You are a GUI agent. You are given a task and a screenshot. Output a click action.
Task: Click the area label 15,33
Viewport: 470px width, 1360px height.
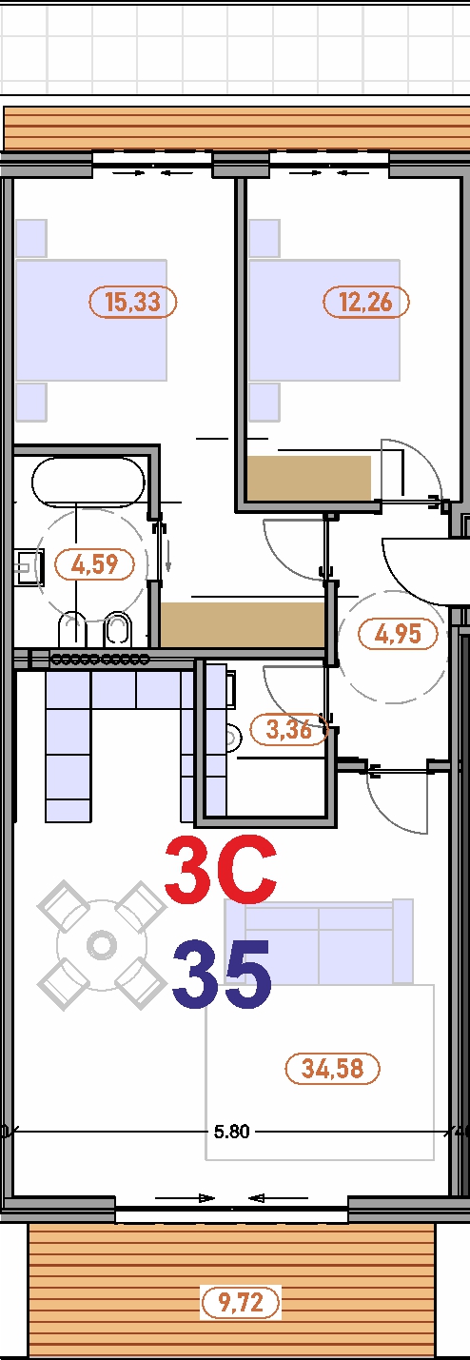(x=133, y=303)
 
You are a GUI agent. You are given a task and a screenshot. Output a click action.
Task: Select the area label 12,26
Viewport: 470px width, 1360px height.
(x=366, y=303)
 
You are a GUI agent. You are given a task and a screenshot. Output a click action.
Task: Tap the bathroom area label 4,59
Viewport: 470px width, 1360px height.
(x=95, y=564)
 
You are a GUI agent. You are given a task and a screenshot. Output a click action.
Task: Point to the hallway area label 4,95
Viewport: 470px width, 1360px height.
(x=398, y=633)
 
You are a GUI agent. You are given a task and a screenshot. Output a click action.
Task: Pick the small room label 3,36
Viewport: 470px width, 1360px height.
(x=288, y=730)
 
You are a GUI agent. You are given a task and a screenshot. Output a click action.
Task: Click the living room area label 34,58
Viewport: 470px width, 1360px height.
(x=332, y=1068)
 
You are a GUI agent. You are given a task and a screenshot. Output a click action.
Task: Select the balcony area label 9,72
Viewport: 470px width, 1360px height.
(x=241, y=1302)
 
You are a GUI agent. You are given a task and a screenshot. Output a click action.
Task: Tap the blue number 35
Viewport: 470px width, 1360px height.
(x=223, y=975)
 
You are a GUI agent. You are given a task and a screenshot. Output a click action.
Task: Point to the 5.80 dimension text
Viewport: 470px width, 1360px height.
(x=231, y=1132)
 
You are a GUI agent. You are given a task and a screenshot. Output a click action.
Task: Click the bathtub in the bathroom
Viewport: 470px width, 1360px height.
(x=88, y=481)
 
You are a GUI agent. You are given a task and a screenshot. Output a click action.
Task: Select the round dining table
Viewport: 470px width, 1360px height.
(x=101, y=945)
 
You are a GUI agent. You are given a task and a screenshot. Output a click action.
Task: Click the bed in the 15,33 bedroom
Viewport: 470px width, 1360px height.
(x=91, y=320)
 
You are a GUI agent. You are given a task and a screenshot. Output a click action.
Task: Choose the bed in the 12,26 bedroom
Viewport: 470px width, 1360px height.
(x=323, y=320)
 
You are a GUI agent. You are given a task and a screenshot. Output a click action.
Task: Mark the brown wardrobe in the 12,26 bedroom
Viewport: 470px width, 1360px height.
(x=308, y=476)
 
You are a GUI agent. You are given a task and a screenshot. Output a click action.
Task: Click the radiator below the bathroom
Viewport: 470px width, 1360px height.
(x=100, y=659)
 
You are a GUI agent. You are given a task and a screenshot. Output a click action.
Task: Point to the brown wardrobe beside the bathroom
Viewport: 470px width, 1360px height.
(x=243, y=623)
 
